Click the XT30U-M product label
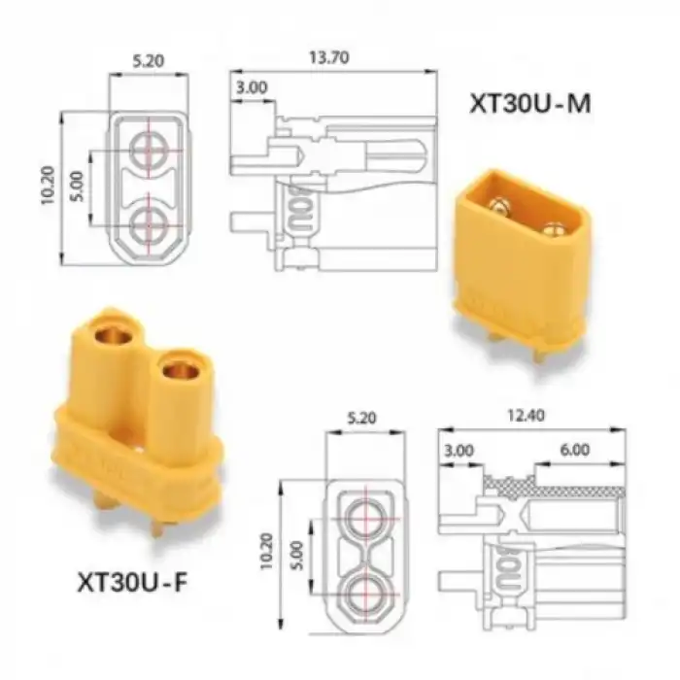click(530, 104)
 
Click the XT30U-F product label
click(132, 582)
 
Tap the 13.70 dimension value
click(328, 57)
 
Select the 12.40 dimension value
click(526, 416)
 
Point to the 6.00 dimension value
click(575, 450)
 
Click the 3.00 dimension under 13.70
click(252, 87)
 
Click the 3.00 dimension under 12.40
click(459, 451)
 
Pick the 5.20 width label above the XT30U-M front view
click(149, 61)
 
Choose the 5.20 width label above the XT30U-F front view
click(362, 418)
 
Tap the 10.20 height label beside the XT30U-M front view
click(49, 186)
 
